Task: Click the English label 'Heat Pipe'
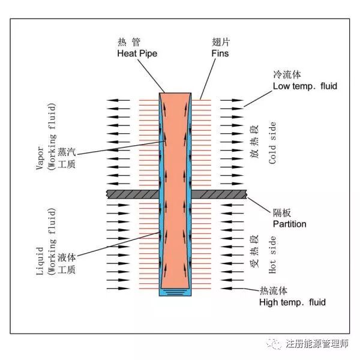pos(137,53)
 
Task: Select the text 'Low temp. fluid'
pos(305,86)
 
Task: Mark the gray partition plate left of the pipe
pos(131,194)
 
